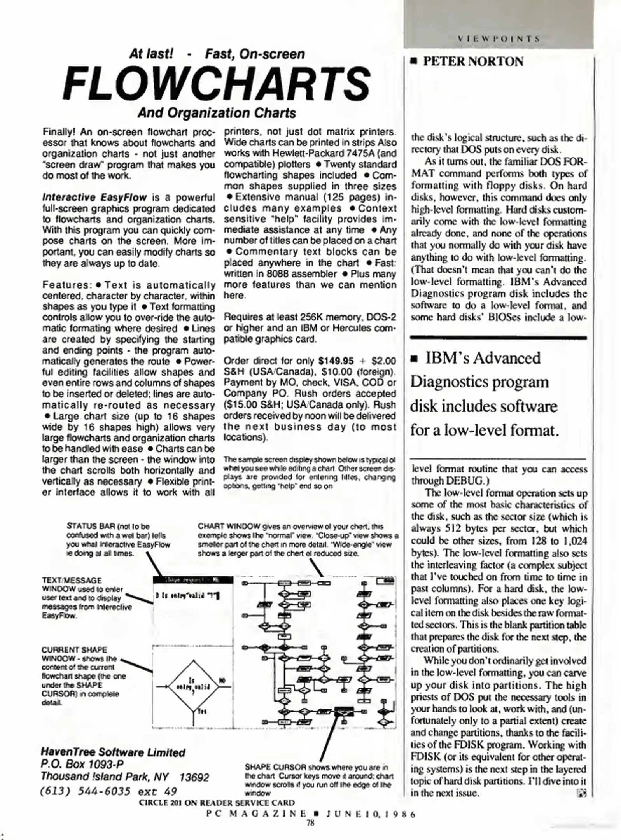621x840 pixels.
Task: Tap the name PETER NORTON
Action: pyautogui.click(x=472, y=61)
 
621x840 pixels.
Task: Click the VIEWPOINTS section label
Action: pyautogui.click(x=499, y=39)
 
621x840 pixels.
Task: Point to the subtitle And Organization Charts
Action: pyautogui.click(x=217, y=113)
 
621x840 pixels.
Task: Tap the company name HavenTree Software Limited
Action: pyautogui.click(x=113, y=752)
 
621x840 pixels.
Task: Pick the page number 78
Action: pyautogui.click(x=310, y=822)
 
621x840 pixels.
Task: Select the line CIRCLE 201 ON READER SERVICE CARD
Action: pyautogui.click(x=217, y=803)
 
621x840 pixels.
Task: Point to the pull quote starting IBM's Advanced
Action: pyautogui.click(x=484, y=394)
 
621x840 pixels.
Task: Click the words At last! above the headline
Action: pyautogui.click(x=151, y=54)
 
